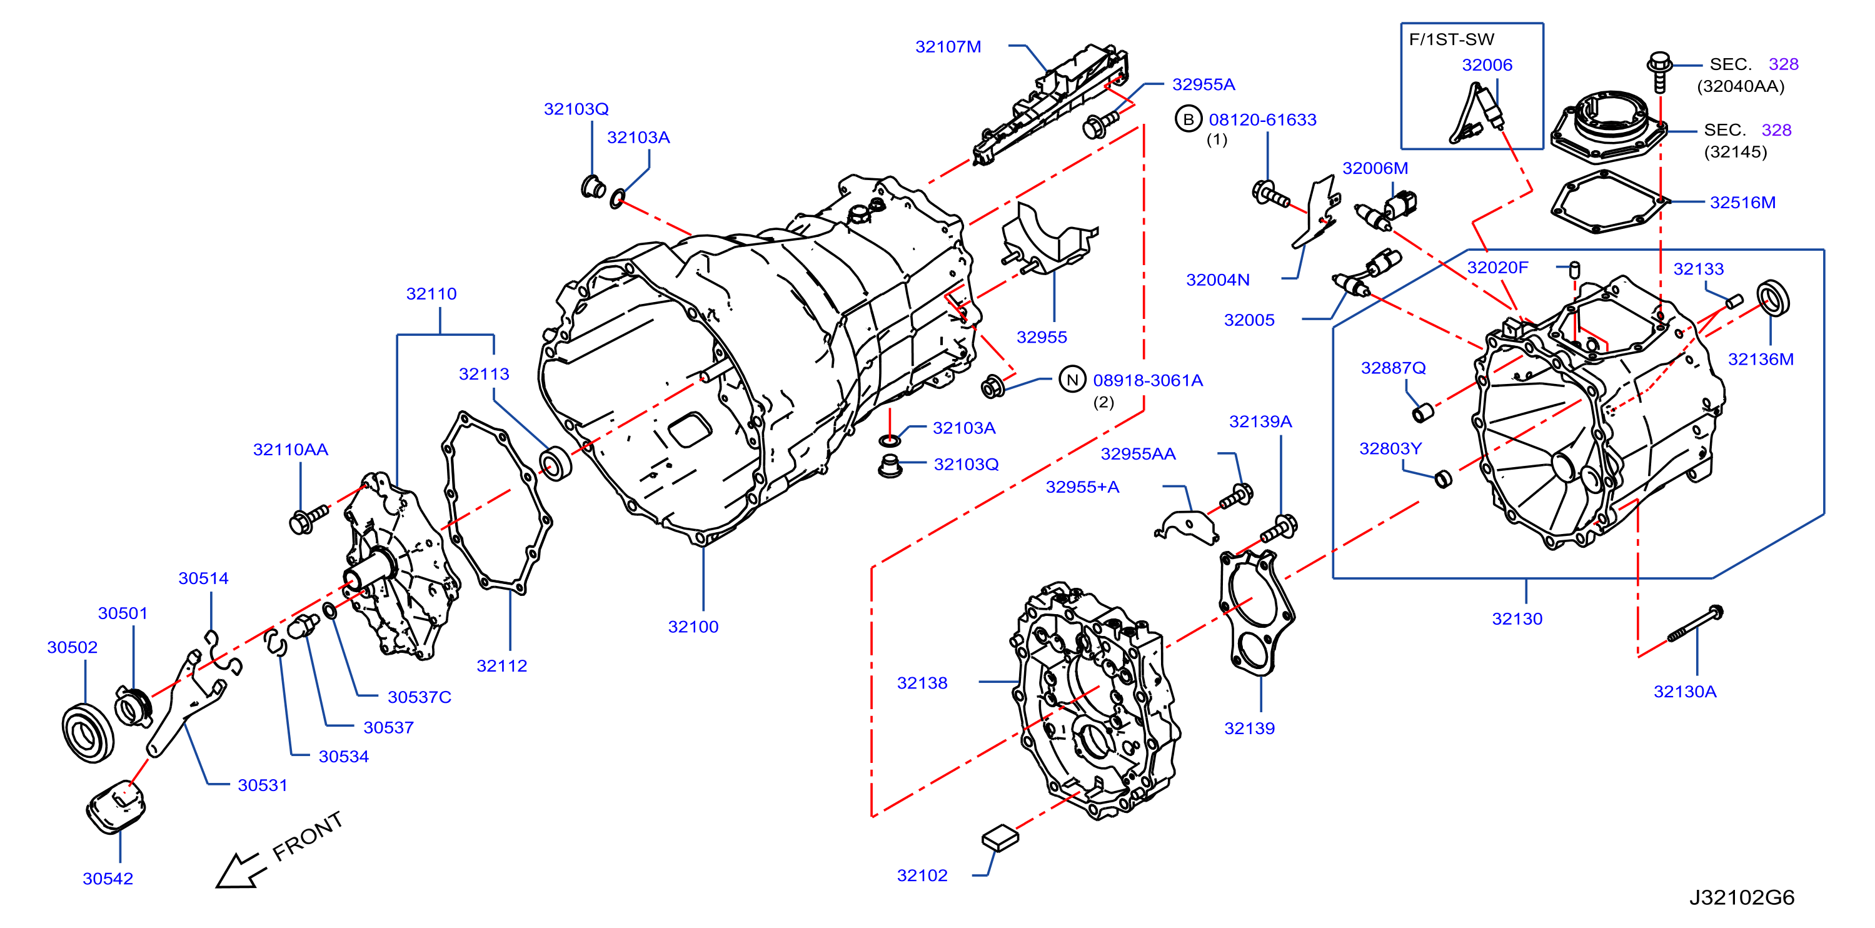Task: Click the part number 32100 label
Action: pyautogui.click(x=693, y=627)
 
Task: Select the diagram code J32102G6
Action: pyautogui.click(x=1742, y=897)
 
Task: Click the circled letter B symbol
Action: pyautogui.click(x=1188, y=119)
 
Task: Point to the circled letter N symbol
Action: pyautogui.click(x=1072, y=380)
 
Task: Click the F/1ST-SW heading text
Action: pyautogui.click(x=1451, y=39)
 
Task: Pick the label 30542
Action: pyautogui.click(x=108, y=879)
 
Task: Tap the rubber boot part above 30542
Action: pyautogui.click(x=116, y=805)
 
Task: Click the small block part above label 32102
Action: pyautogui.click(x=1000, y=838)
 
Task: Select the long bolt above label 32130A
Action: pyautogui.click(x=1695, y=623)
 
